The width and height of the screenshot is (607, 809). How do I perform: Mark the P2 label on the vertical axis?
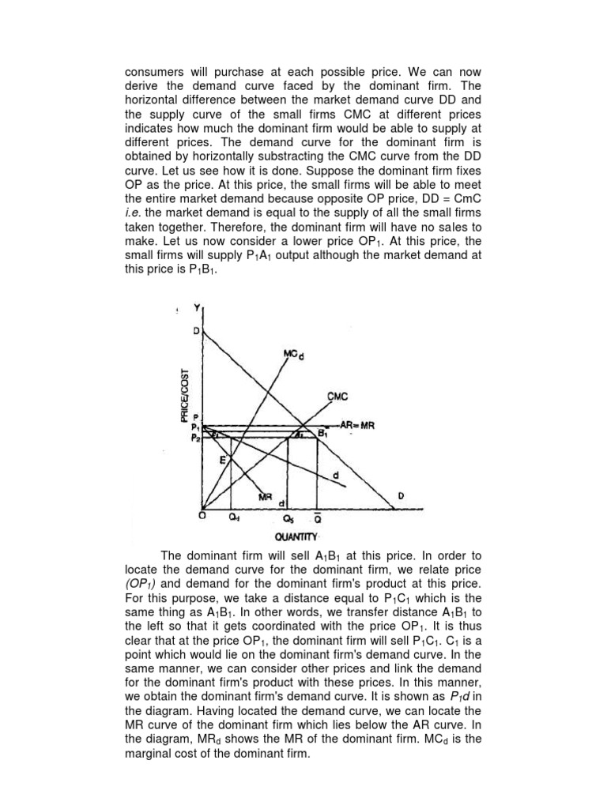pyautogui.click(x=196, y=438)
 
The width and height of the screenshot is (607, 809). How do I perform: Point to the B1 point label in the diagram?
pyautogui.click(x=322, y=434)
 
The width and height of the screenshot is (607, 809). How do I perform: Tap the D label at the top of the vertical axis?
pyautogui.click(x=196, y=330)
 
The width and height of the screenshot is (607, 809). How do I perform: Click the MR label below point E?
pyautogui.click(x=266, y=496)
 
